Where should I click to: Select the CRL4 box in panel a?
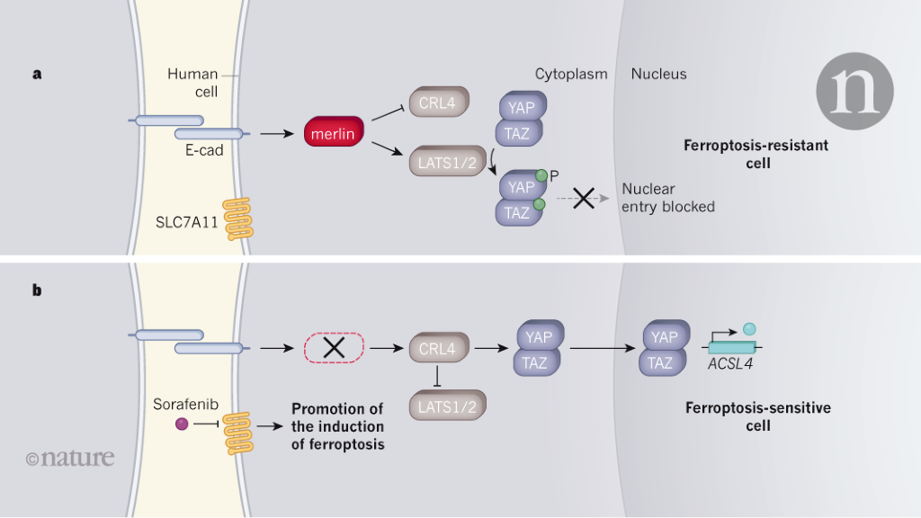437,103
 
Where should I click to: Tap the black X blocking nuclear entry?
584,200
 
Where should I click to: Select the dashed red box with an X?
335,347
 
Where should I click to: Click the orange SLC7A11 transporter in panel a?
237,219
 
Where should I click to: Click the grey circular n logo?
854,90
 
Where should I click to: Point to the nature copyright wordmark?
70,458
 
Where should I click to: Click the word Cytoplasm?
571,74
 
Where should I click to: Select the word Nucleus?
658,74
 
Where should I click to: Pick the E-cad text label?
204,151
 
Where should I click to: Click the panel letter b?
38,290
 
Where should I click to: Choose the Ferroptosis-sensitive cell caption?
758,416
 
